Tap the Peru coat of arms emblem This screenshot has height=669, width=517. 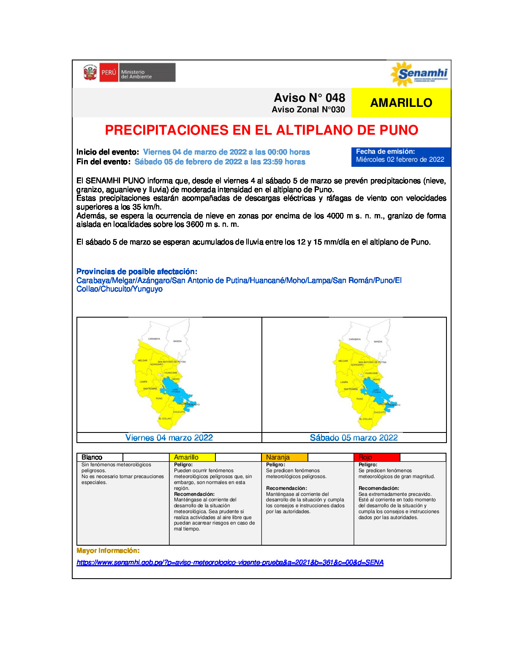pos(90,73)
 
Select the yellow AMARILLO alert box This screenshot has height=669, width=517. pos(401,103)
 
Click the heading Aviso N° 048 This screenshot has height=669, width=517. pos(309,98)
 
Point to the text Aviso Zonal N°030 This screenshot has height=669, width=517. pos(308,110)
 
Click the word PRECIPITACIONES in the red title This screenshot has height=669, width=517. pos(167,130)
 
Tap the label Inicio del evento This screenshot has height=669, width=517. pos(107,152)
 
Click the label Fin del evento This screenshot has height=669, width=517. pos(103,162)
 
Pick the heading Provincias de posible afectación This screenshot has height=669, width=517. pos(137,272)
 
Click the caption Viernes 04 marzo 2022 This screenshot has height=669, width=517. pos(169,438)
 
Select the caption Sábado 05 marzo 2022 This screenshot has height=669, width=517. pos(354,438)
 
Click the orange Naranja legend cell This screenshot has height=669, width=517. pos(285,457)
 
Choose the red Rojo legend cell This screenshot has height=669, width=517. pos(376,457)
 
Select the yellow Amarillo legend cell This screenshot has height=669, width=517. pos(192,457)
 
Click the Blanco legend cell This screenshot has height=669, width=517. pos(100,457)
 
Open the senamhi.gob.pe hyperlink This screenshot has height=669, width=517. pos(230,563)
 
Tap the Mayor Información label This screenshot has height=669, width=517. pos(108,551)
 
